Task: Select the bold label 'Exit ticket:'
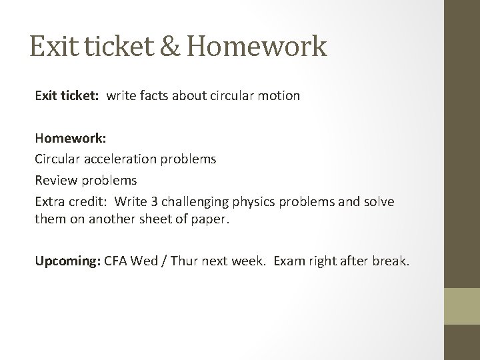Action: [67, 96]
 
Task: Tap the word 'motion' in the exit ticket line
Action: [279, 96]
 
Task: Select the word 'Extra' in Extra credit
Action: [49, 201]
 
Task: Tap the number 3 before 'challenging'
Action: [177, 201]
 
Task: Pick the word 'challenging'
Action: [215, 201]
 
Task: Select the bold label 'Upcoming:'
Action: [68, 260]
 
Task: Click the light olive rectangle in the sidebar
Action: [463, 307]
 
